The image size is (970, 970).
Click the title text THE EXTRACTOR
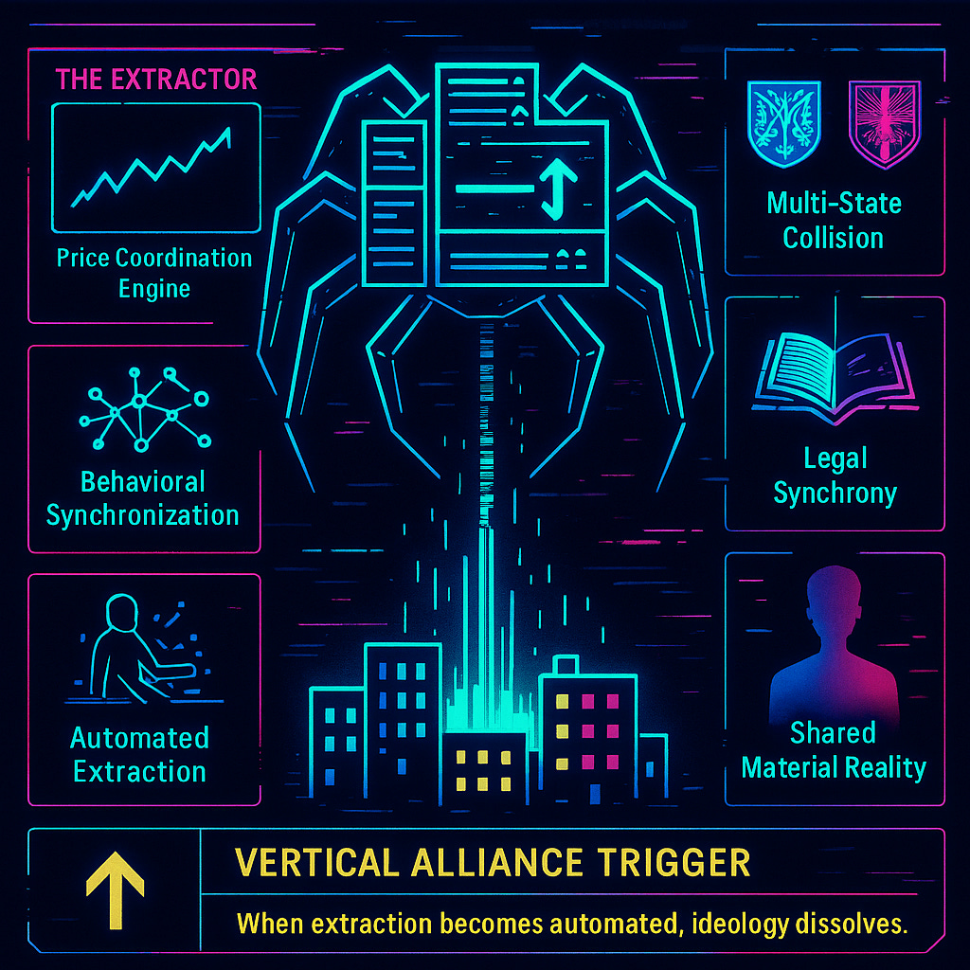tap(156, 79)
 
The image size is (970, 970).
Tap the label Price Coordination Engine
tap(154, 272)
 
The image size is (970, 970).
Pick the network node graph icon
tap(144, 404)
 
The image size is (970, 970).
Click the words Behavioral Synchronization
tap(143, 498)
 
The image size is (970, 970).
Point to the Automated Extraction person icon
tap(142, 644)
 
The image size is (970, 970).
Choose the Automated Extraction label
tap(140, 754)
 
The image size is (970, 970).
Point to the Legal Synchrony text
tap(835, 476)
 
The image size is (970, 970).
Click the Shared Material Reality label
tap(834, 750)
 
